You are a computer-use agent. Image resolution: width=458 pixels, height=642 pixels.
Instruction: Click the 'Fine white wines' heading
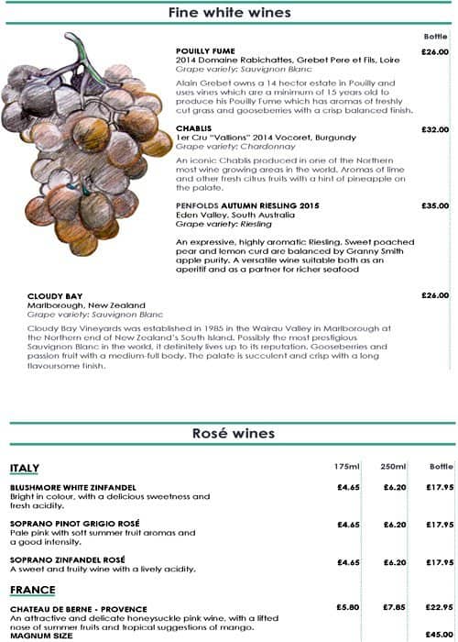(229, 13)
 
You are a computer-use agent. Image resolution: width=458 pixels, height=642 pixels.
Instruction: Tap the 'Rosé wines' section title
(229, 433)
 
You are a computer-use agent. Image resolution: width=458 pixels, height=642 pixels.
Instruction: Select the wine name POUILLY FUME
(205, 51)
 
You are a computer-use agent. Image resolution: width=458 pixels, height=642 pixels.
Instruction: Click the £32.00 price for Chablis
(434, 129)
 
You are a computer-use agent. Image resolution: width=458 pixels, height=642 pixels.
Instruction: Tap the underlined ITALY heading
(25, 469)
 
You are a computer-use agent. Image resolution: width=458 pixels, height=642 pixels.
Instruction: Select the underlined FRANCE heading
(32, 590)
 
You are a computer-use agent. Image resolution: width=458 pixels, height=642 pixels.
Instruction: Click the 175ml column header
(347, 467)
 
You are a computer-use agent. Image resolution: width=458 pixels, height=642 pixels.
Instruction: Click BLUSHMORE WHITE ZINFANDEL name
(72, 486)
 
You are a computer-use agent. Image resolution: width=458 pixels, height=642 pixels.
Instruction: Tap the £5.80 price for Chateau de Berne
(348, 607)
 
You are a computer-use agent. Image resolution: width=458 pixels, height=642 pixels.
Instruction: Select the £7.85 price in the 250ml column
(395, 607)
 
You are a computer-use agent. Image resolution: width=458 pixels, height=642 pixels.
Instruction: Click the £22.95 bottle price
(441, 607)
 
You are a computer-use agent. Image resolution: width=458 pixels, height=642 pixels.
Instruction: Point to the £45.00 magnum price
(441, 635)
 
